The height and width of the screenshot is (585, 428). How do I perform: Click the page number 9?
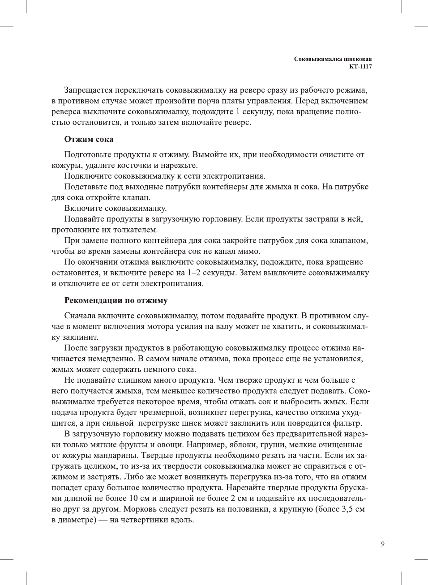[x=382, y=544]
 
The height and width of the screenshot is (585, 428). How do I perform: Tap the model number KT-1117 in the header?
[x=360, y=67]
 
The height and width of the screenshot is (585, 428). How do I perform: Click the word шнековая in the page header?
[x=358, y=59]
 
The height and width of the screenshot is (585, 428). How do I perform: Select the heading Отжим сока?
[x=89, y=139]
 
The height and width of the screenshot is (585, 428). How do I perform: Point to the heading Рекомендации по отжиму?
[x=116, y=300]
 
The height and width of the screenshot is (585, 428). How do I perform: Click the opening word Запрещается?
[x=88, y=90]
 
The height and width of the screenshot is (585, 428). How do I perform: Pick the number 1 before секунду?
[x=238, y=111]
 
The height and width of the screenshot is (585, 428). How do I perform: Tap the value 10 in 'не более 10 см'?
[x=133, y=498]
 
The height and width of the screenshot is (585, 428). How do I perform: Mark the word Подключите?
[x=88, y=176]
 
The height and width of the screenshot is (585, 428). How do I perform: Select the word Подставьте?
[x=87, y=187]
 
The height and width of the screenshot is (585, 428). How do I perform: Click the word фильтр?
[x=347, y=423]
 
